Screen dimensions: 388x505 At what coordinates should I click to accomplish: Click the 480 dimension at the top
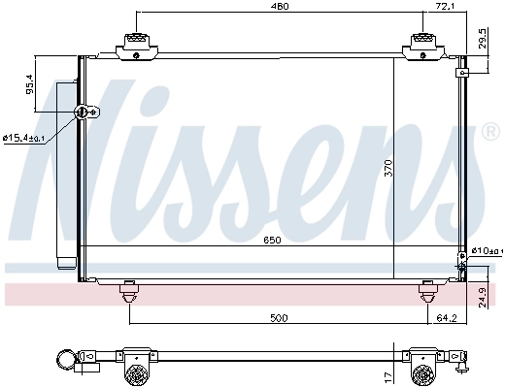[280, 7]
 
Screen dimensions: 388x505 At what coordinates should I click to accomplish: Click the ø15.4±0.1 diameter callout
[23, 139]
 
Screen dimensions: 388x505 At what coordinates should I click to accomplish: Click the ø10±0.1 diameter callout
[486, 251]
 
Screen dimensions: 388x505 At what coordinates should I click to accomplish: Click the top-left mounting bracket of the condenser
[134, 44]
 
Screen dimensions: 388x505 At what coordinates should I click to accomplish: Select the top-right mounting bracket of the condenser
[424, 44]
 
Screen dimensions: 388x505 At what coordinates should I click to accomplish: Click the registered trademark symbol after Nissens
[488, 130]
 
